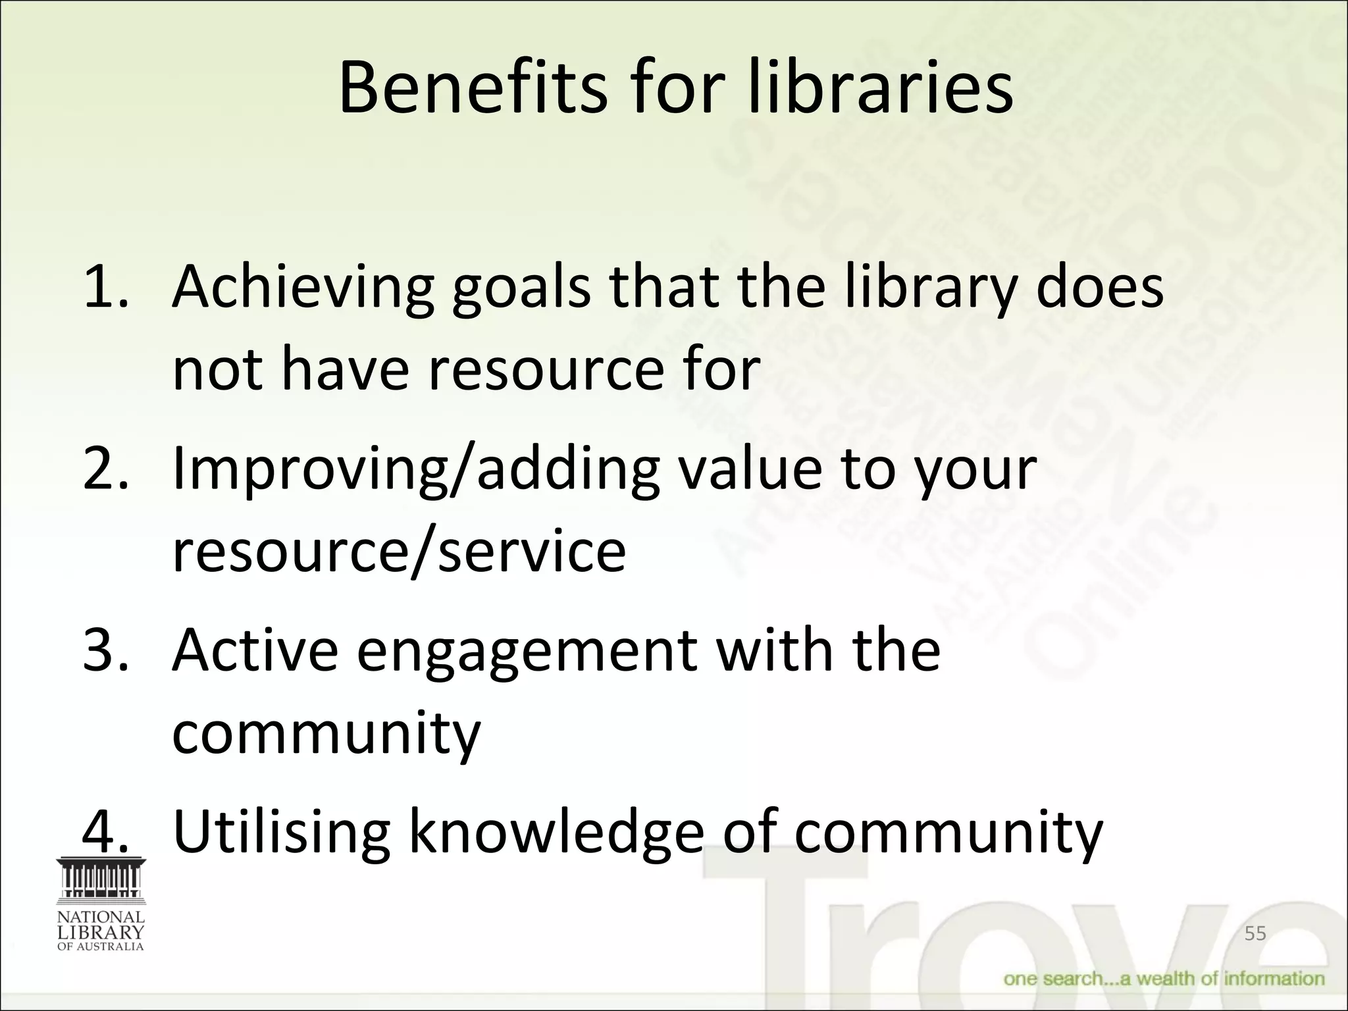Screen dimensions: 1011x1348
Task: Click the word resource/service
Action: pos(399,552)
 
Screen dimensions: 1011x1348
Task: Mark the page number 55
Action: pos(1255,933)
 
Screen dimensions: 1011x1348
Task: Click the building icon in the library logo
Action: pos(101,880)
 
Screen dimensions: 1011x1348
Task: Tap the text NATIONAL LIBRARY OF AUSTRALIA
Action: pos(101,931)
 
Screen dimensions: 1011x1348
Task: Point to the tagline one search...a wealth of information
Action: pos(1164,979)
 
